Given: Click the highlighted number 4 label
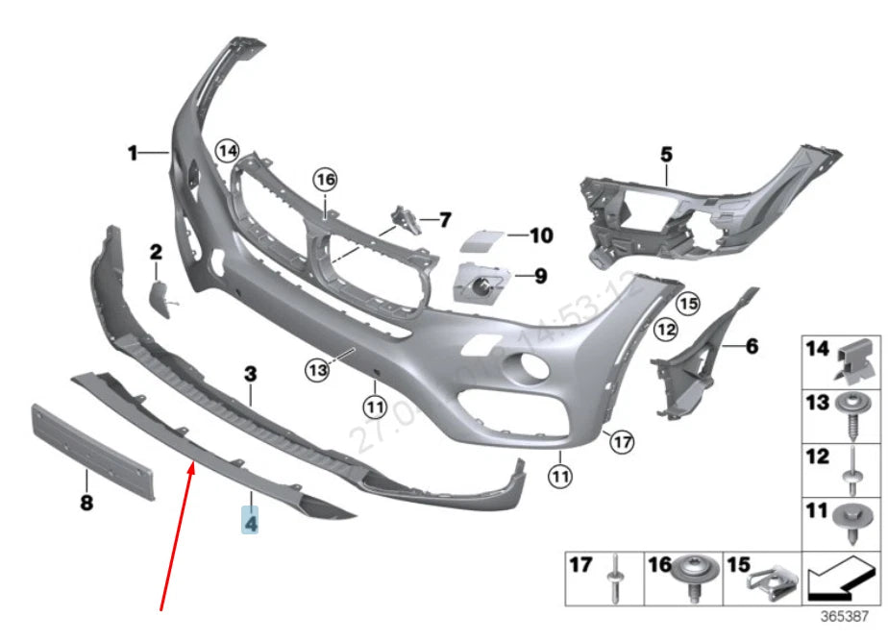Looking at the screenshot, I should (250, 524).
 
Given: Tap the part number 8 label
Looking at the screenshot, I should (86, 503).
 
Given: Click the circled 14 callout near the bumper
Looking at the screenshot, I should (227, 150).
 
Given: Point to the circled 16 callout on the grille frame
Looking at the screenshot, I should (326, 179).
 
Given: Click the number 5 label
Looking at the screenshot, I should (667, 153).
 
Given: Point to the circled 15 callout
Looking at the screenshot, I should (686, 305).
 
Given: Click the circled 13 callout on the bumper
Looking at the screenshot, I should (318, 367).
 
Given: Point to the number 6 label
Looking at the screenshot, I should (752, 345).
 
